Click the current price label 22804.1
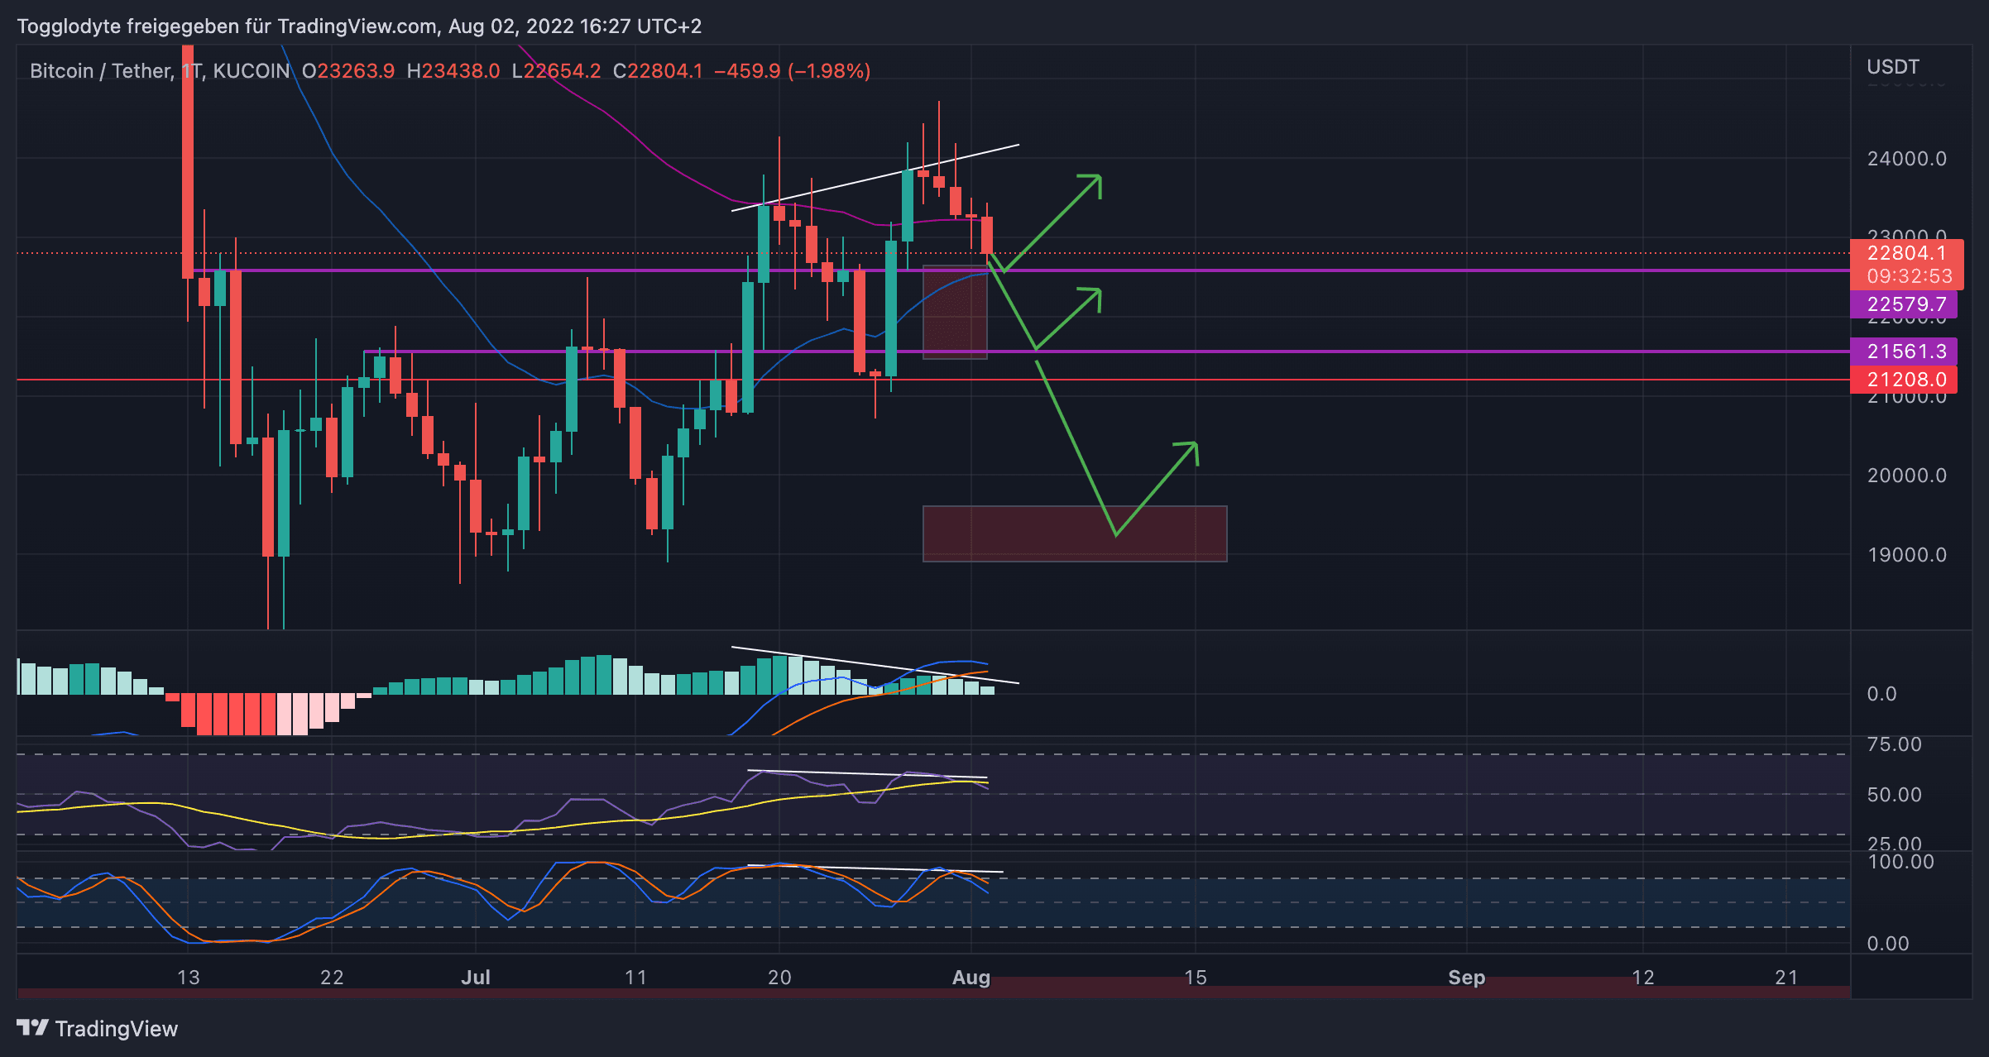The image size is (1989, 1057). click(x=1905, y=253)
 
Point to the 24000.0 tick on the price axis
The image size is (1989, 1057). click(x=1906, y=159)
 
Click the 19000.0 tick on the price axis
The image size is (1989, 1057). click(x=1906, y=555)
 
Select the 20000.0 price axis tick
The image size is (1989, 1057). click(x=1906, y=476)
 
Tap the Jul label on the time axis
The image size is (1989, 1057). click(x=476, y=978)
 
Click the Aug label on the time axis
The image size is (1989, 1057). click(x=971, y=978)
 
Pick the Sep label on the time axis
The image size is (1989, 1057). click(x=1466, y=978)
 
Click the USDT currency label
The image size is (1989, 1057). click(x=1892, y=67)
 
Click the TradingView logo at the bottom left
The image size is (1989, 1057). click(x=98, y=1028)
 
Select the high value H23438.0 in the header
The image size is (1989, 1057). click(x=453, y=71)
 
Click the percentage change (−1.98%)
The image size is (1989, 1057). click(x=829, y=71)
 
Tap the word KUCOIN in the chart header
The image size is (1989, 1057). click(x=252, y=71)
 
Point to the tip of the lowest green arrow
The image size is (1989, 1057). click(x=1196, y=444)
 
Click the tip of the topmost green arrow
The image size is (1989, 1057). click(x=1100, y=176)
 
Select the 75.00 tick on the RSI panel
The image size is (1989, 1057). click(x=1894, y=744)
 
